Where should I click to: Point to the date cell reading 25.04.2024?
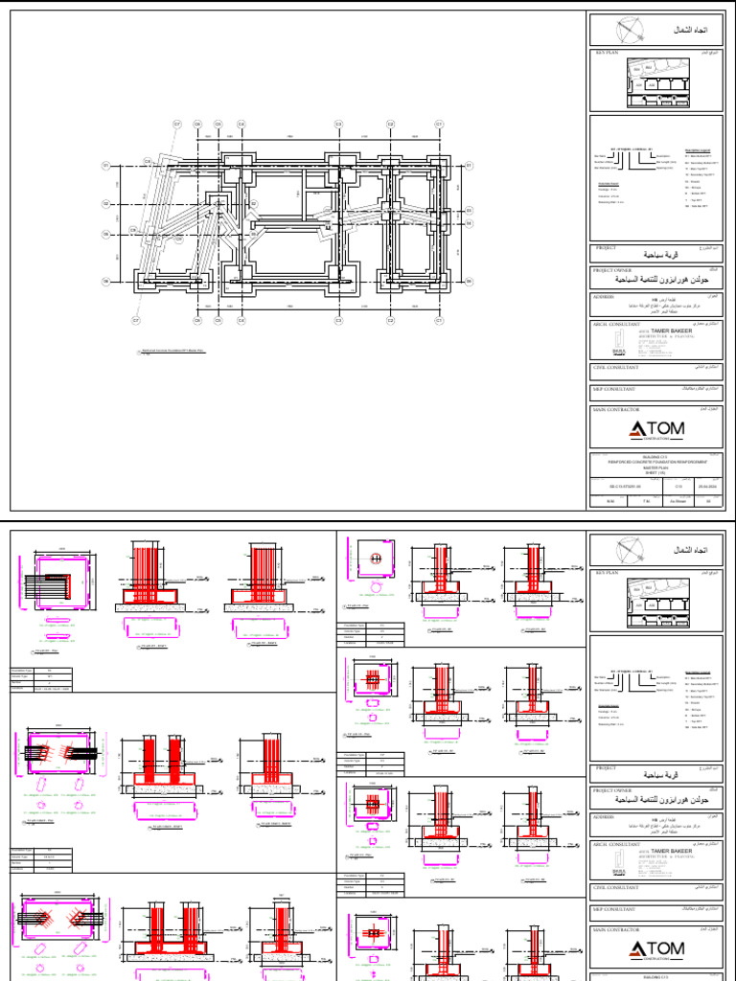click(707, 485)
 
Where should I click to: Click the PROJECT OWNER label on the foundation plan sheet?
click(614, 270)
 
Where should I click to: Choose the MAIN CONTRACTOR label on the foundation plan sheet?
click(617, 408)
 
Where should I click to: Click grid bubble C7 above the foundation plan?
click(177, 124)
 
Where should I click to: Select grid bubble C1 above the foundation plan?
click(439, 124)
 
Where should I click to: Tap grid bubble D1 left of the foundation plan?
click(107, 166)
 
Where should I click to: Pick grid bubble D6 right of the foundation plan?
click(469, 281)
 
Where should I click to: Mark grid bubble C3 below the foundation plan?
click(338, 320)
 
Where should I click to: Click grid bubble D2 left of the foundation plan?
click(107, 204)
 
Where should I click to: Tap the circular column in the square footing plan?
click(377, 559)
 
